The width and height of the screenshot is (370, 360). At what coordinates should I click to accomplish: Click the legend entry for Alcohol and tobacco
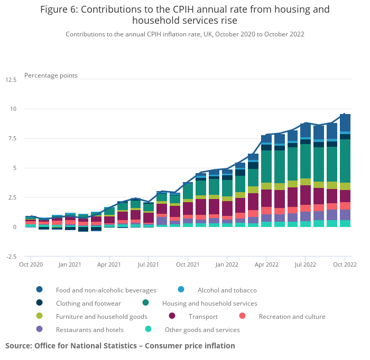click(x=227, y=290)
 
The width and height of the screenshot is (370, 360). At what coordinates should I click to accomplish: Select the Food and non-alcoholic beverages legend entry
click(x=106, y=290)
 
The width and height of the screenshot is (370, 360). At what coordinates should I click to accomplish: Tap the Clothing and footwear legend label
click(x=88, y=304)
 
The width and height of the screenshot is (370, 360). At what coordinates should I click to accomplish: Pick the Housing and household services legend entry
click(x=209, y=304)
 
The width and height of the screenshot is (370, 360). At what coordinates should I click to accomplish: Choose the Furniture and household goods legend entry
click(x=101, y=317)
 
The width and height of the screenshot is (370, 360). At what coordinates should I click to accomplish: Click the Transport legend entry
click(x=202, y=317)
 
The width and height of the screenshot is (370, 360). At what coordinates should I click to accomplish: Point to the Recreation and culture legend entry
click(x=292, y=317)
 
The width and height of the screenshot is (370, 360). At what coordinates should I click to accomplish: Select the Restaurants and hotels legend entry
click(x=89, y=330)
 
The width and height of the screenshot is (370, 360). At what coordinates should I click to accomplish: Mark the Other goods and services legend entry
click(x=202, y=330)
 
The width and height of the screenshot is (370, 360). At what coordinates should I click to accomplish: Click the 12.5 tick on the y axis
click(x=11, y=80)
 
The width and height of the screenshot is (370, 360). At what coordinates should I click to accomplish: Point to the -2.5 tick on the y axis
click(x=11, y=257)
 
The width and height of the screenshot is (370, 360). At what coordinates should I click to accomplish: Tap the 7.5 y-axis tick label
click(x=12, y=139)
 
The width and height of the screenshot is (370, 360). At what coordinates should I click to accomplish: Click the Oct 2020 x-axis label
click(x=31, y=264)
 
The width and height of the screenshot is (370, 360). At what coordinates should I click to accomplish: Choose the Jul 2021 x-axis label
click(x=149, y=264)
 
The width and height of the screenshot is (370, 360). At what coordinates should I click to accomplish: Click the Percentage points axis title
click(x=51, y=75)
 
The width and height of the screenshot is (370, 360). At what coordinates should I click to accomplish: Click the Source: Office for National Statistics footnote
click(x=120, y=346)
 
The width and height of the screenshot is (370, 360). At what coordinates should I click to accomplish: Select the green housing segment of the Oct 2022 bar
click(x=345, y=161)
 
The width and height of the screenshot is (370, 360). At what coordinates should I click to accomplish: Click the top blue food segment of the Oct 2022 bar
click(x=345, y=122)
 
